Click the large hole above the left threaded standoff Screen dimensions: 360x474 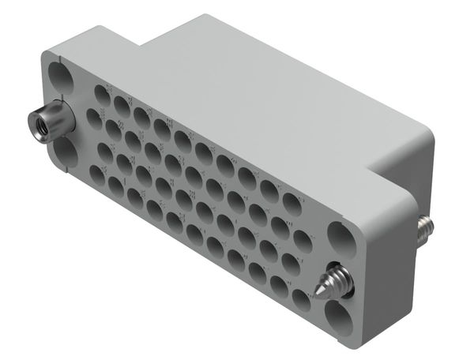59,79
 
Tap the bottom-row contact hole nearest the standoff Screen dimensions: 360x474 97,174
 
